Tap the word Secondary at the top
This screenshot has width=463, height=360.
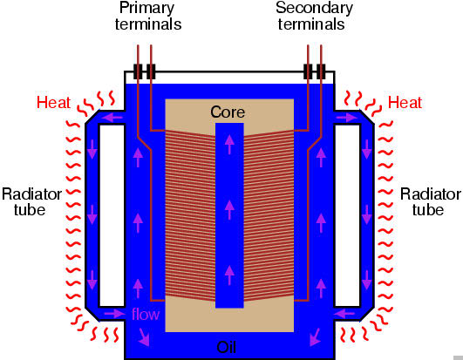pos(314,8)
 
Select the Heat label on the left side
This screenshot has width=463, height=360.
pos(53,103)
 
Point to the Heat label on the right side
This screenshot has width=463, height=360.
pos(405,103)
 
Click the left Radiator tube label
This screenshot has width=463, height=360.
pos(31,201)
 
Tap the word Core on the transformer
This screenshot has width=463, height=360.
pos(228,112)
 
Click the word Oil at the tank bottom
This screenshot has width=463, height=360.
pos(228,347)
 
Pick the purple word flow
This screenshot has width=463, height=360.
pos(146,314)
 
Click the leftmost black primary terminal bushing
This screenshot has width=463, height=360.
pos(138,71)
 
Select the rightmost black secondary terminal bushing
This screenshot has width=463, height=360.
pos(322,71)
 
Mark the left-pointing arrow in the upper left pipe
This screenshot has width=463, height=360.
pos(113,116)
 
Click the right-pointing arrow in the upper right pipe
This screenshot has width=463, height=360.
pos(344,116)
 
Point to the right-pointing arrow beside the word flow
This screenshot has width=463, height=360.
pos(115,312)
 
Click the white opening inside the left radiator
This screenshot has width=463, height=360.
pos(112,214)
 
